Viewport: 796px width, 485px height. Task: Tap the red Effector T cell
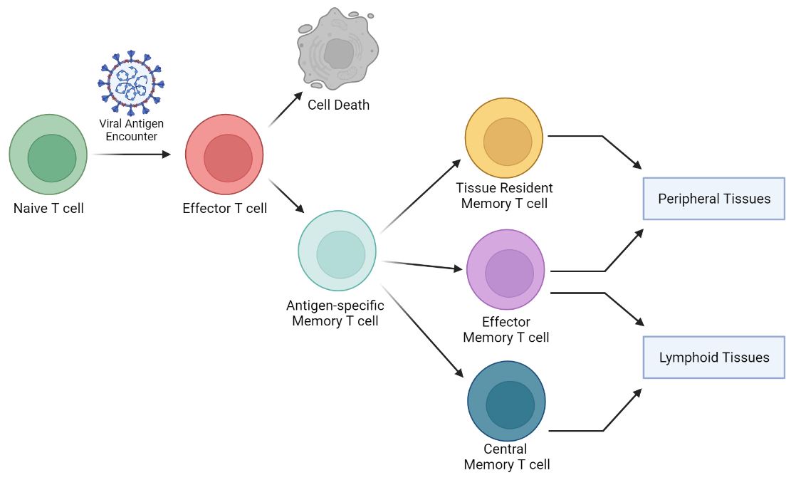point(224,154)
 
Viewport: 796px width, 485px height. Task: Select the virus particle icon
point(130,83)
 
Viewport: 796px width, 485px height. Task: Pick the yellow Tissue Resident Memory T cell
point(504,138)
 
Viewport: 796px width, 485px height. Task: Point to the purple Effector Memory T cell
point(506,270)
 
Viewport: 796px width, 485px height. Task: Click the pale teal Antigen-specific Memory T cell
point(337,251)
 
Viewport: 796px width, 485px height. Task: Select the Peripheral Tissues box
point(713,198)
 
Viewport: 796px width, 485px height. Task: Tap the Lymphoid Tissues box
point(713,357)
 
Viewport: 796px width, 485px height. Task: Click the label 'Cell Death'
point(338,105)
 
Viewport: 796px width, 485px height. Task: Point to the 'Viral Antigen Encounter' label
point(131,130)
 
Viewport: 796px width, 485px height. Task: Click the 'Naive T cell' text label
point(48,209)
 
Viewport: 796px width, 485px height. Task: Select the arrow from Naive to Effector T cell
point(132,154)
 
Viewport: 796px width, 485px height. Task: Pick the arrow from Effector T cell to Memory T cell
point(287,196)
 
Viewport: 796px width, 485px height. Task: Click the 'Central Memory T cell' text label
point(506,457)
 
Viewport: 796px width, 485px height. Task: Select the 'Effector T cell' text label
point(225,209)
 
